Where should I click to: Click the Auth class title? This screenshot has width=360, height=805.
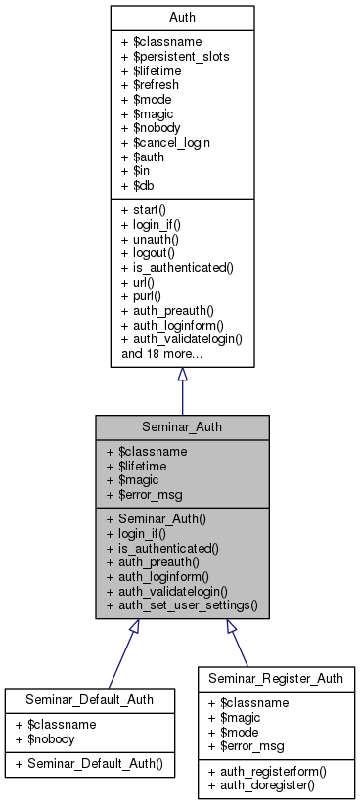182,17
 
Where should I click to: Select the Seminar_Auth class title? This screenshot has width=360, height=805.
182,426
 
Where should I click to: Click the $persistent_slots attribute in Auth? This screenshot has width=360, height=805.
175,56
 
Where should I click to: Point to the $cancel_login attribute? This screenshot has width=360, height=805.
166,143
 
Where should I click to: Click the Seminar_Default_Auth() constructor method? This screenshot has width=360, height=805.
81,761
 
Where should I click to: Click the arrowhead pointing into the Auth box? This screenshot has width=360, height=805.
182,375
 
